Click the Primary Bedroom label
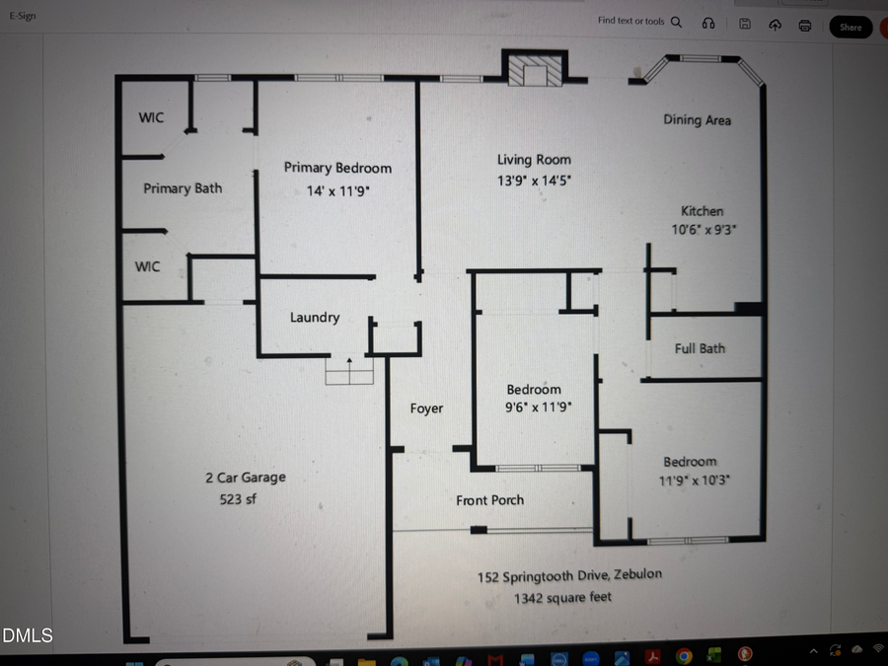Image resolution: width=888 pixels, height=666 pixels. coord(337,168)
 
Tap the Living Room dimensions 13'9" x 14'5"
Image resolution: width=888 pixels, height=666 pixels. coord(534,181)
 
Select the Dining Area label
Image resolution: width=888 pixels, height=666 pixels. coord(697,119)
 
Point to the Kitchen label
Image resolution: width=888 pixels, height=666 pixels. coord(702,211)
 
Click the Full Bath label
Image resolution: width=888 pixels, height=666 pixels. coord(700,348)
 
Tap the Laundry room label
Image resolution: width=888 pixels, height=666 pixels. coord(315,318)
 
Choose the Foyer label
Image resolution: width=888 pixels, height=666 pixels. coord(426,408)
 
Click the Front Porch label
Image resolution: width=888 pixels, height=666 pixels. coord(489,500)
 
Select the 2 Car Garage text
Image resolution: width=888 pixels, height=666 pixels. coord(246,478)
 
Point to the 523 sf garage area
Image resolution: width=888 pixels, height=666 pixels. coord(238,499)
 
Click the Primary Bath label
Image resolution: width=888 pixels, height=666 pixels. coord(183,188)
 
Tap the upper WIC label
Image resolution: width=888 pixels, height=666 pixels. coord(151,118)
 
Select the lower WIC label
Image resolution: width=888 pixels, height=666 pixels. coord(147,266)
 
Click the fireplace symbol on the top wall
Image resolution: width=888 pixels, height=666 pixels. coord(535,72)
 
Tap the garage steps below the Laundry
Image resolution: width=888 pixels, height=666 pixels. coord(350,371)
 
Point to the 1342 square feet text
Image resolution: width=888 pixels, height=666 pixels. coord(562,598)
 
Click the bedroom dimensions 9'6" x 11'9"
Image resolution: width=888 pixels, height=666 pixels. coord(538,407)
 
